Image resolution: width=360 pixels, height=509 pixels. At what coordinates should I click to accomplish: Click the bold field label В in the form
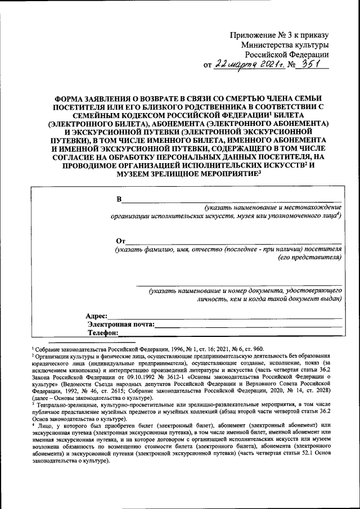118,200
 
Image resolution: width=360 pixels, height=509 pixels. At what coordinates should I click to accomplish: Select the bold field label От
119,241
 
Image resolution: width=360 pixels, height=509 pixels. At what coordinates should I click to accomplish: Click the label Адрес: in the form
96,317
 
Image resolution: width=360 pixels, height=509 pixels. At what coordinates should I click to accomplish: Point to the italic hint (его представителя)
310,258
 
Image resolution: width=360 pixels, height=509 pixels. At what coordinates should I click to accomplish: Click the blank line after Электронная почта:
247,326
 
